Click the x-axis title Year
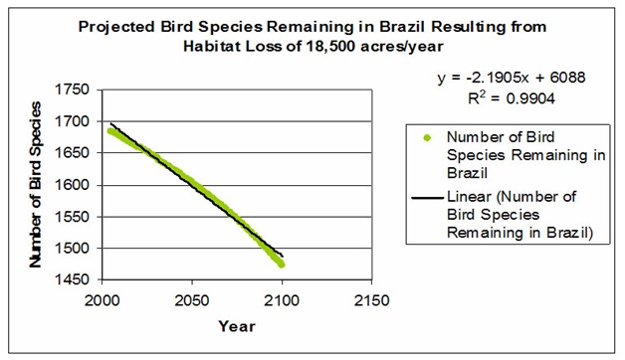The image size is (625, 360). point(237,325)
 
